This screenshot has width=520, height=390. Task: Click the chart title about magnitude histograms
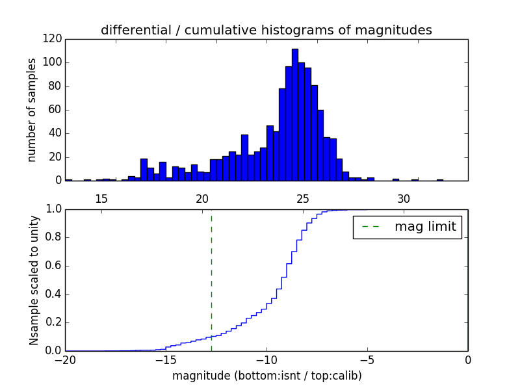click(x=266, y=30)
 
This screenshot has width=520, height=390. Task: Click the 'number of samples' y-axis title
click(x=32, y=109)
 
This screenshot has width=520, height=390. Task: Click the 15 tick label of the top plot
click(x=101, y=199)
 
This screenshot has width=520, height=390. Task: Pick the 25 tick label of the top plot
click(x=302, y=199)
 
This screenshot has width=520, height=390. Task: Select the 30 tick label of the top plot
click(x=403, y=199)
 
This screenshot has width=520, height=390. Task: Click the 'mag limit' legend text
click(x=425, y=227)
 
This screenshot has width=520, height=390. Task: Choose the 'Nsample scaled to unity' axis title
click(x=34, y=279)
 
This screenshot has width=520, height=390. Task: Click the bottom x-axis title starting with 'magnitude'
click(x=266, y=376)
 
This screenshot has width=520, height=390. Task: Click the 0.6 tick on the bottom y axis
click(x=53, y=265)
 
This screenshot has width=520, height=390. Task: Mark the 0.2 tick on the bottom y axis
click(x=53, y=322)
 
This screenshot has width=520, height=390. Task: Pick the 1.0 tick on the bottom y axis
click(x=53, y=209)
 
